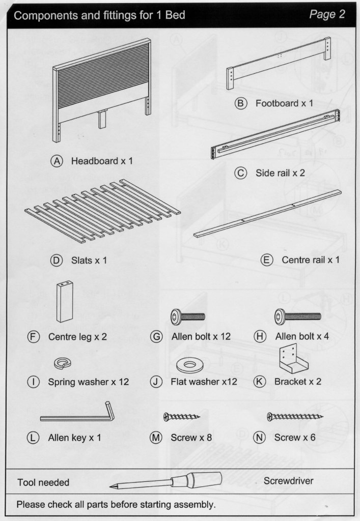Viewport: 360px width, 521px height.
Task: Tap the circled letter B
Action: pyautogui.click(x=240, y=103)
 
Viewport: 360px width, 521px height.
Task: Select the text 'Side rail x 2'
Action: pyautogui.click(x=280, y=173)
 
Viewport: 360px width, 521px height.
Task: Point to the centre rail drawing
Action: pyautogui.click(x=267, y=214)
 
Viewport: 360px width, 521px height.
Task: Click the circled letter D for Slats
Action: pyautogui.click(x=56, y=260)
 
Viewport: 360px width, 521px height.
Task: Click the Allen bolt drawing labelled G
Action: pyautogui.click(x=187, y=316)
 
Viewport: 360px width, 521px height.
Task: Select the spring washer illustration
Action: pyautogui.click(x=62, y=363)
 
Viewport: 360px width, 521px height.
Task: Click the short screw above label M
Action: pyautogui.click(x=181, y=417)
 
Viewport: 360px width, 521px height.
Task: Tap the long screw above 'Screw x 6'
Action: pyautogui.click(x=294, y=417)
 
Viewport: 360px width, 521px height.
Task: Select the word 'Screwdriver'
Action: pyautogui.click(x=288, y=480)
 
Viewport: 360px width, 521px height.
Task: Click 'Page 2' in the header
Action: pyautogui.click(x=327, y=14)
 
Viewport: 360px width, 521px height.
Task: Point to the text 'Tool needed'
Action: pyautogui.click(x=43, y=482)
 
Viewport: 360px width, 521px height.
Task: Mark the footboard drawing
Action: pyautogui.click(x=279, y=63)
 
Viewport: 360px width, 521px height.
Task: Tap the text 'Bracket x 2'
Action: pyautogui.click(x=298, y=381)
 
